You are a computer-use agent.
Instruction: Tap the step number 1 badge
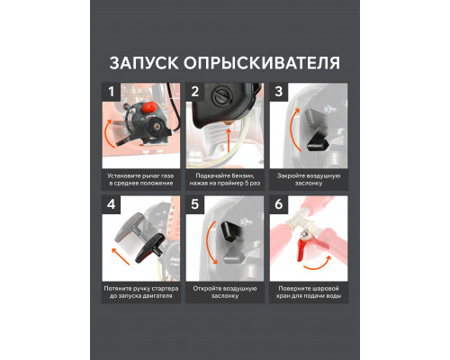point(112,92)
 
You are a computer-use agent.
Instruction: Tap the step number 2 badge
point(195,92)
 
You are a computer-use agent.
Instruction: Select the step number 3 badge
point(279,92)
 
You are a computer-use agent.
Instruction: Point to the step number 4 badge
point(112,205)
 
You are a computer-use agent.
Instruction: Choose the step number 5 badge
point(195,205)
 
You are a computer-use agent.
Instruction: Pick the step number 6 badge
point(279,205)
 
